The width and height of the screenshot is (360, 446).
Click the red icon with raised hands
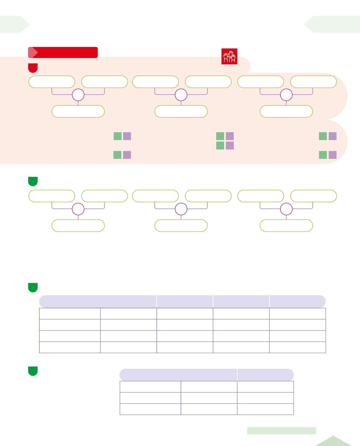click(x=229, y=56)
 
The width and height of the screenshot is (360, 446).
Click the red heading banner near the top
click(x=63, y=52)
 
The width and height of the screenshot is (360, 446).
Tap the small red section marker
click(x=33, y=68)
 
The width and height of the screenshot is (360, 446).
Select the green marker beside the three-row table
click(x=33, y=371)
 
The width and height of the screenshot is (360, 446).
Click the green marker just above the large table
click(x=33, y=287)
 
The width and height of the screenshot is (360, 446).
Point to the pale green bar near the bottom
click(x=282, y=431)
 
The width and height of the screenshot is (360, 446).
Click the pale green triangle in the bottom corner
click(x=334, y=441)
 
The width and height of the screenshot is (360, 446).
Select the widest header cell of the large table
click(x=98, y=301)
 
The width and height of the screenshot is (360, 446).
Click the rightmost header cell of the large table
click(x=297, y=301)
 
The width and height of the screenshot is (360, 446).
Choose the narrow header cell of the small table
click(x=265, y=375)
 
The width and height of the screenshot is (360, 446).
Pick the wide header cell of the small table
click(x=178, y=375)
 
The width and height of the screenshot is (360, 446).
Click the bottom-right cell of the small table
click(x=265, y=409)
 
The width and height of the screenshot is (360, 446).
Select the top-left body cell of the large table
click(x=70, y=314)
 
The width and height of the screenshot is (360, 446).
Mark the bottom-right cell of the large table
click(x=297, y=347)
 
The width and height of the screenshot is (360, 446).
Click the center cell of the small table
click(x=209, y=398)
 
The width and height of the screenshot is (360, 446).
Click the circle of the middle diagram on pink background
click(x=181, y=95)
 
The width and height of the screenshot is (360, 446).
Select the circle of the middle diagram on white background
click(x=181, y=209)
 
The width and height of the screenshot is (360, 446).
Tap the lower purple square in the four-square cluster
click(x=230, y=145)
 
